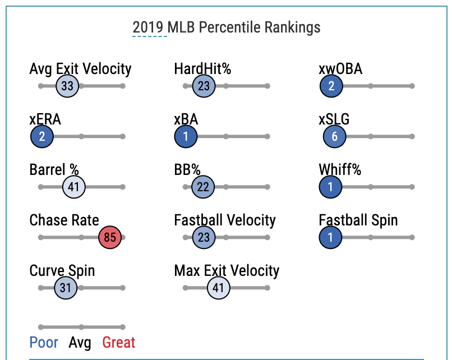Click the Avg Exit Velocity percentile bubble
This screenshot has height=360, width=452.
click(68, 86)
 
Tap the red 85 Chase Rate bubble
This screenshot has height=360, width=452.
click(110, 238)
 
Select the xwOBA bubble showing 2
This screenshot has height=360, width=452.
click(331, 86)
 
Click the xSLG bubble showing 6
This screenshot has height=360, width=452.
click(335, 137)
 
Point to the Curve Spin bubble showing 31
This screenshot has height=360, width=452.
click(66, 288)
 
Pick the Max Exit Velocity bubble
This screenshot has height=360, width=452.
click(219, 288)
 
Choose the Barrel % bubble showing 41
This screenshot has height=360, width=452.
click(74, 187)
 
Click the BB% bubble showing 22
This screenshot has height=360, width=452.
click(203, 187)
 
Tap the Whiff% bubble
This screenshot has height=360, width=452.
click(331, 187)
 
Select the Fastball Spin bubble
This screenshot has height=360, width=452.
click(331, 238)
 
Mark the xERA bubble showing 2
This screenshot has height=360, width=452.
click(42, 137)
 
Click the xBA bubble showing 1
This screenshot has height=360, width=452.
click(186, 137)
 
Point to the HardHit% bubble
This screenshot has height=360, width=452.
click(204, 86)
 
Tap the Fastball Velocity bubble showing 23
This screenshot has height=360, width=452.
click(204, 238)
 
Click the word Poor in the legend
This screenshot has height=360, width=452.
click(44, 342)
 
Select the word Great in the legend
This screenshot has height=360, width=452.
click(118, 342)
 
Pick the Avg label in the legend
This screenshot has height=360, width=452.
click(80, 342)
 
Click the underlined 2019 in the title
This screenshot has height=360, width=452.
click(150, 27)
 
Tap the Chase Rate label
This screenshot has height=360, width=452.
click(64, 220)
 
